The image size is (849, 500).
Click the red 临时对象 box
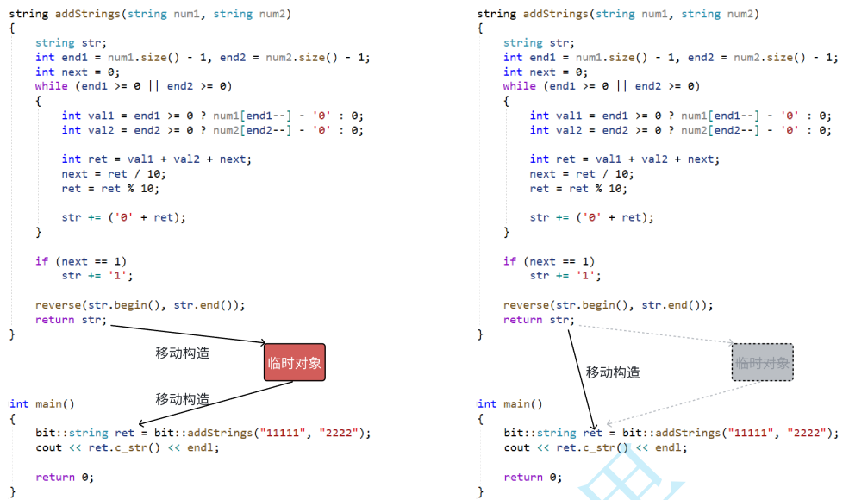pos(295,362)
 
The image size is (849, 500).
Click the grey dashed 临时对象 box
pos(762,362)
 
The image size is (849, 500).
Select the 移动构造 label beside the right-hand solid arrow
pos(613,372)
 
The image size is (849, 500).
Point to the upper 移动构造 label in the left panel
pos(182,353)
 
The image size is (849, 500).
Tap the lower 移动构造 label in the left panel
pos(182,399)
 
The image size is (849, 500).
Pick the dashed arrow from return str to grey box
pos(655,334)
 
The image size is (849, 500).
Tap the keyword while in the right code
pos(519,86)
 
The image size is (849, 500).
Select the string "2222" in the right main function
pos(806,433)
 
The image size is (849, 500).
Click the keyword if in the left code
pos(41,261)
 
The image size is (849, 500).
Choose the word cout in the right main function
pos(517,447)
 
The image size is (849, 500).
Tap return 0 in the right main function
pos(532,477)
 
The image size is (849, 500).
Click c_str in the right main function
pos(596,447)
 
